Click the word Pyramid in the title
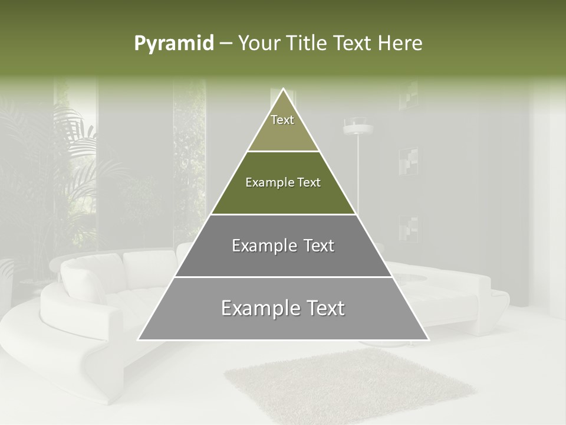[x=173, y=44]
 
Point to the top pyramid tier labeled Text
[x=283, y=124]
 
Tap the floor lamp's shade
[x=358, y=126]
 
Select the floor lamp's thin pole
[x=358, y=177]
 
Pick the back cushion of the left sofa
[x=88, y=277]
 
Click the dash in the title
[x=225, y=44]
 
